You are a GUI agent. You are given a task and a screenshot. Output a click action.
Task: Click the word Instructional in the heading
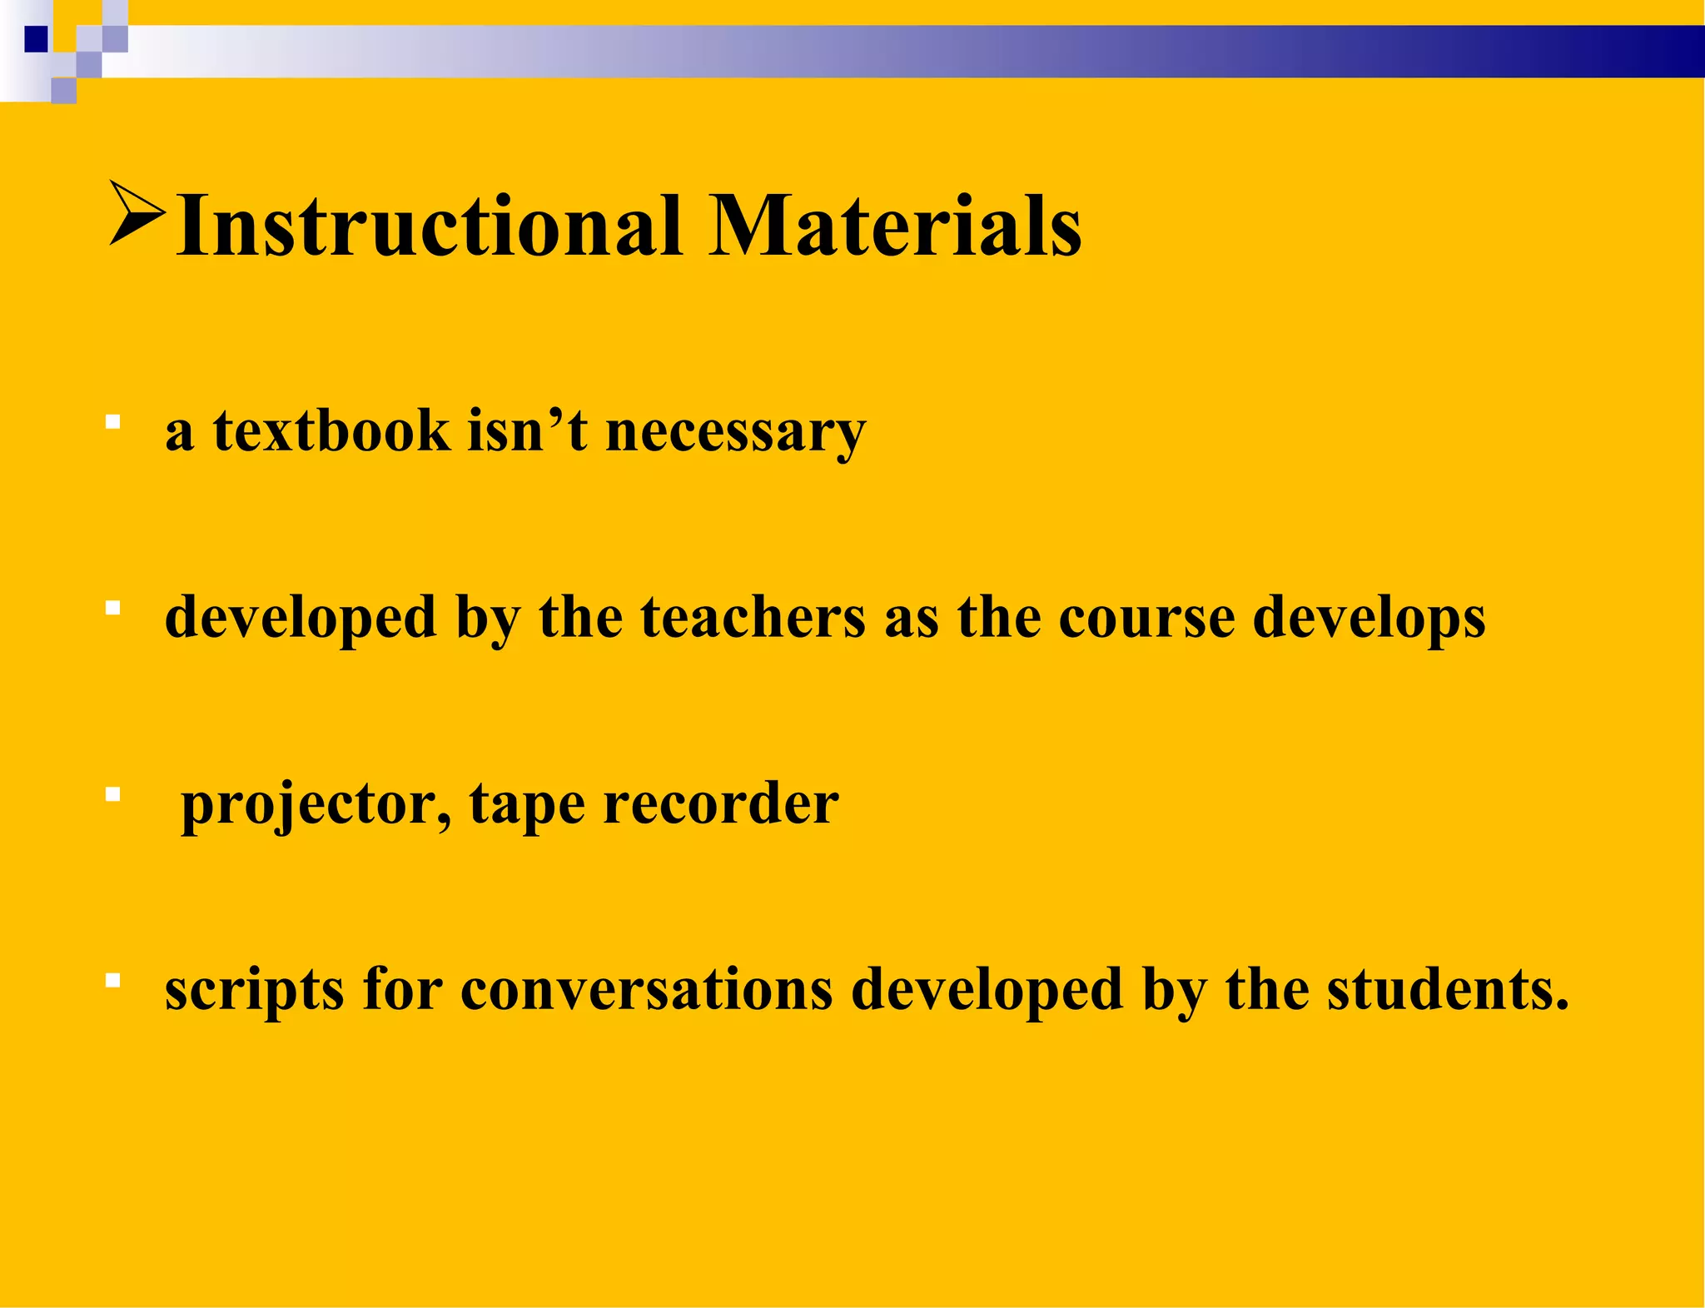tap(429, 226)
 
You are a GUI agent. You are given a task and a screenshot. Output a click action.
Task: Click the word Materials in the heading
tap(896, 226)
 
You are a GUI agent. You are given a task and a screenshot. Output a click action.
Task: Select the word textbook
tap(331, 431)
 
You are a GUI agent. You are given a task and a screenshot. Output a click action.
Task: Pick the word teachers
tap(753, 618)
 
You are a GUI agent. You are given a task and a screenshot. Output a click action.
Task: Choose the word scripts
tap(254, 991)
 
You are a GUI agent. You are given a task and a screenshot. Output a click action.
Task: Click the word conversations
tap(646, 991)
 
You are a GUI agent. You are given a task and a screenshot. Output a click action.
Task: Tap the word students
tap(1447, 989)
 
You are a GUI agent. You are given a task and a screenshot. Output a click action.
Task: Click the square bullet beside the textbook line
tap(113, 422)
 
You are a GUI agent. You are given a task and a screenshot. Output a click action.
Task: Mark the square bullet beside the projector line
tap(113, 795)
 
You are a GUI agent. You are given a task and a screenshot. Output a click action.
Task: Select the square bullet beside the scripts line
tap(113, 981)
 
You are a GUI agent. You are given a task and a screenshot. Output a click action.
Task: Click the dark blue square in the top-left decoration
tap(36, 39)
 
